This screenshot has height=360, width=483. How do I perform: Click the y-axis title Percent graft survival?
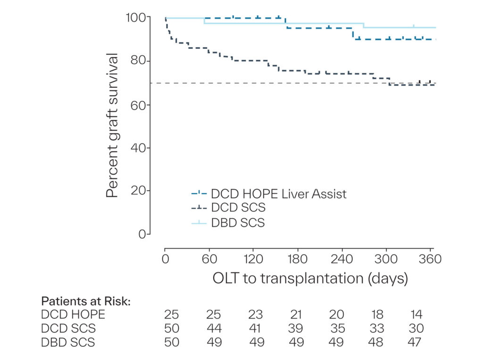(x=112, y=125)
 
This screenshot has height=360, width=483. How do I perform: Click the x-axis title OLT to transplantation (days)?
(x=310, y=278)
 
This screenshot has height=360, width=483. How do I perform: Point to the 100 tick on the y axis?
(x=136, y=17)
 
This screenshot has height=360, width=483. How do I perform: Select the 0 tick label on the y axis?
(x=142, y=234)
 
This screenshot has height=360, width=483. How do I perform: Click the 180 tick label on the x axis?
(x=297, y=259)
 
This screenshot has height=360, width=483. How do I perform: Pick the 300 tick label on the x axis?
(x=386, y=259)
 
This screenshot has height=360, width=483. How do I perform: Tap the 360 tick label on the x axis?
(x=430, y=259)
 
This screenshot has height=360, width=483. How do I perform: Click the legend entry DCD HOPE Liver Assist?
(x=269, y=194)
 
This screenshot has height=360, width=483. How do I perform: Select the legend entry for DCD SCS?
(x=228, y=208)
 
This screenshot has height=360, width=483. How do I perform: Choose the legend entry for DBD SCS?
(x=228, y=223)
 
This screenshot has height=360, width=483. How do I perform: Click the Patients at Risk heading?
(x=86, y=301)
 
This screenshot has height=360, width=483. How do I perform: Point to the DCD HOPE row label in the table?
(x=73, y=314)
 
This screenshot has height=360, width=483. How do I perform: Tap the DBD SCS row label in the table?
(x=68, y=342)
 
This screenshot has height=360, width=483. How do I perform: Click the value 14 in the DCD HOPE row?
(x=416, y=314)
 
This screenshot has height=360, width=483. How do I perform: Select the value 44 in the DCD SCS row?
(x=214, y=328)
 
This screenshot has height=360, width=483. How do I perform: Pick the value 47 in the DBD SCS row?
(x=414, y=342)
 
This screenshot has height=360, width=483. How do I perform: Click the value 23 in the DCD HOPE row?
(x=255, y=314)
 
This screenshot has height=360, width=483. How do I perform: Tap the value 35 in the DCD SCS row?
(x=338, y=328)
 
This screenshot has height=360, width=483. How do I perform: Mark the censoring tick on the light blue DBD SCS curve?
(x=413, y=26)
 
